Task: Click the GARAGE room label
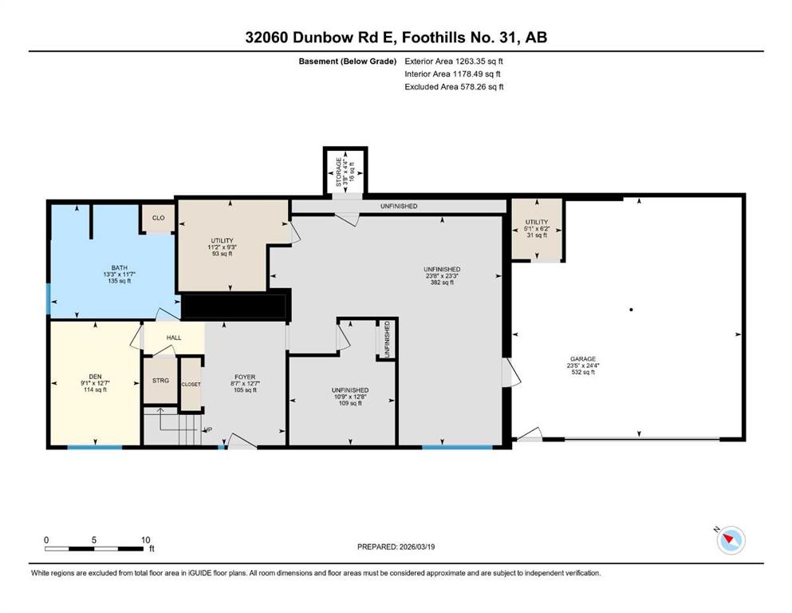click(583, 359)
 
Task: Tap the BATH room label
click(119, 268)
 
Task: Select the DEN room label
click(95, 377)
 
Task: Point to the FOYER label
click(245, 377)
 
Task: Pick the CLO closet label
click(158, 218)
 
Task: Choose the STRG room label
click(160, 381)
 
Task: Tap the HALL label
click(174, 338)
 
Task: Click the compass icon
click(731, 540)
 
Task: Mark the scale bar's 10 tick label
click(145, 540)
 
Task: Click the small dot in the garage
click(632, 309)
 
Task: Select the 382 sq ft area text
click(441, 283)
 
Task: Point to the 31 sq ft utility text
click(537, 235)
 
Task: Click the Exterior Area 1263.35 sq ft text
click(454, 61)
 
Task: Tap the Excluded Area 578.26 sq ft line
click(454, 86)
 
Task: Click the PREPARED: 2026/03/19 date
click(396, 547)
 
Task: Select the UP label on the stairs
click(207, 430)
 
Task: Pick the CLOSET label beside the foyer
click(191, 384)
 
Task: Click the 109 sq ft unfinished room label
click(350, 403)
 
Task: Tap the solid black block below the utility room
click(234, 306)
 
